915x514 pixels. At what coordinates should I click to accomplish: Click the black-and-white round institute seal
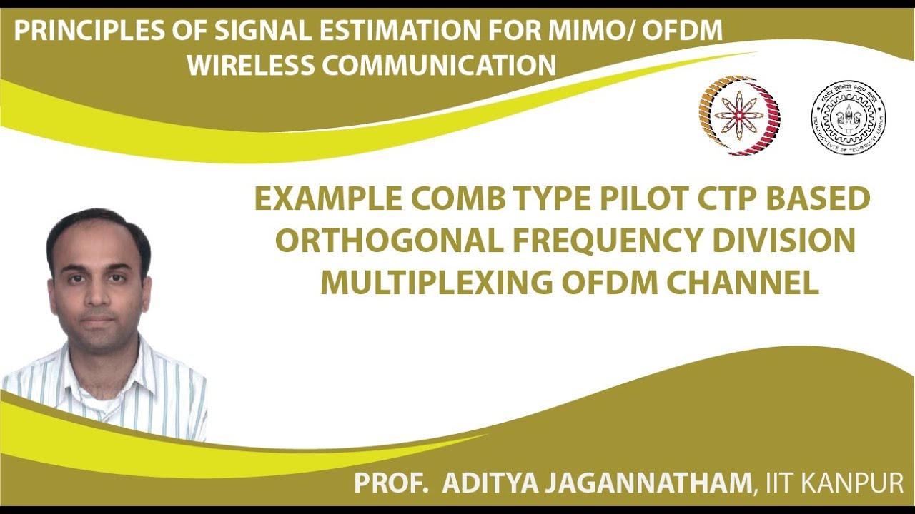[848, 117]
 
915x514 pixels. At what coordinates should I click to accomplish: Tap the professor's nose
[98, 300]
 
